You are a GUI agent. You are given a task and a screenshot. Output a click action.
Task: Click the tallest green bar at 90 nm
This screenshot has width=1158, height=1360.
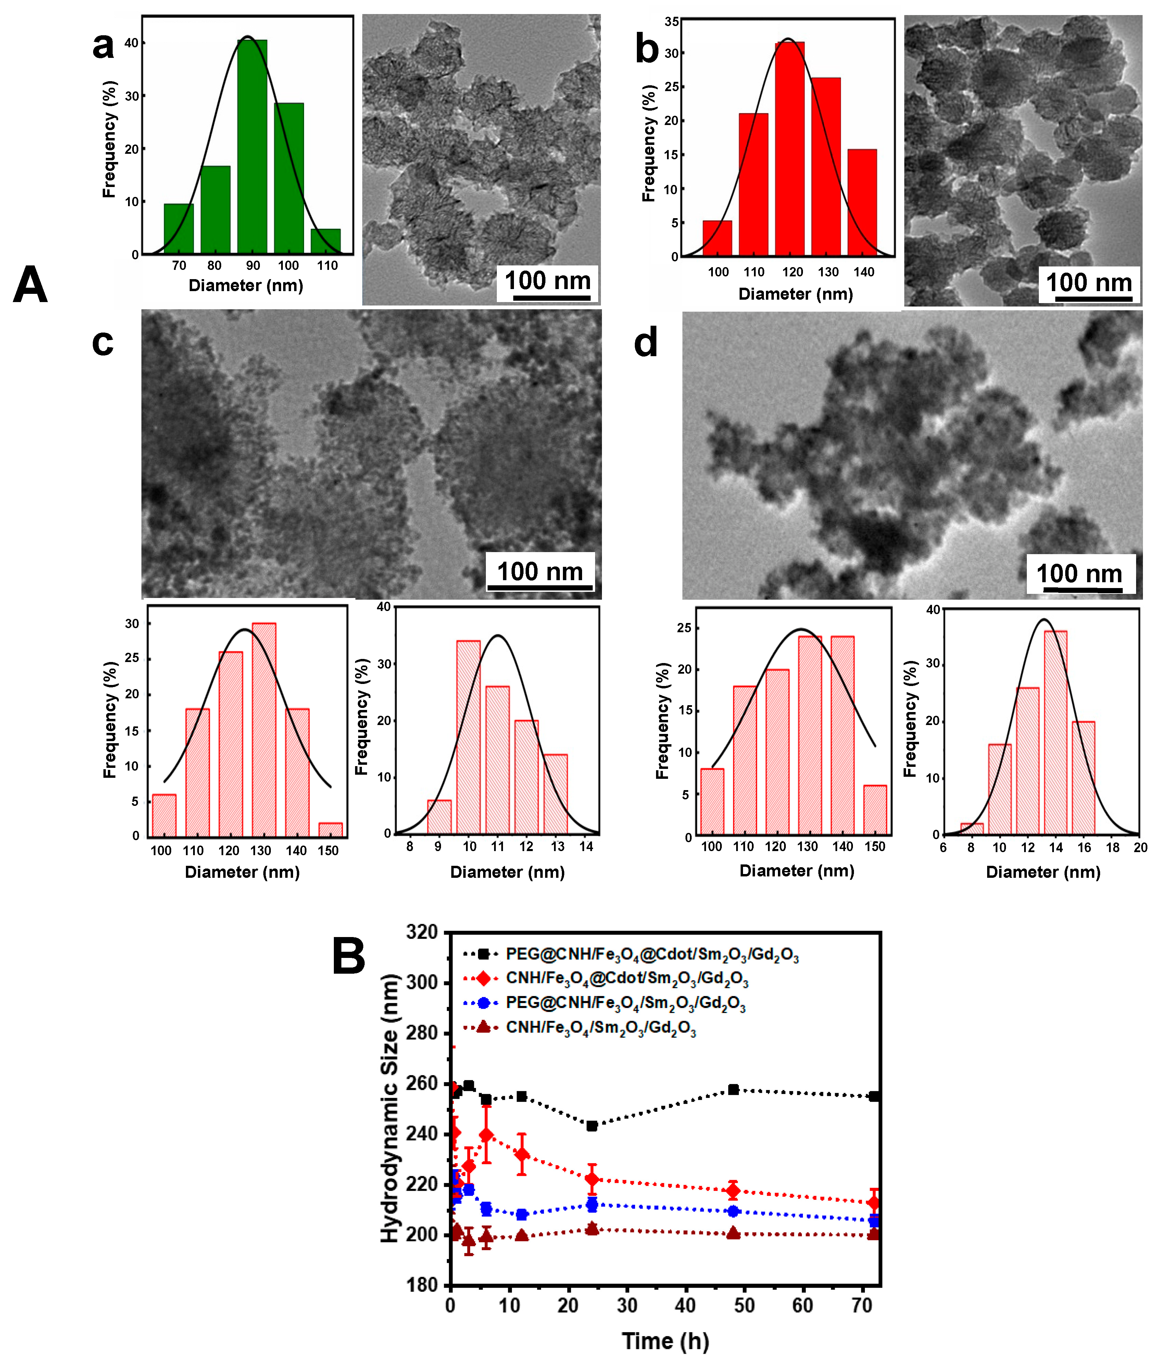tap(252, 148)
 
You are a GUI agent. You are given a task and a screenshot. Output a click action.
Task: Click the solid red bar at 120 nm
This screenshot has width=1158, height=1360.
tap(789, 148)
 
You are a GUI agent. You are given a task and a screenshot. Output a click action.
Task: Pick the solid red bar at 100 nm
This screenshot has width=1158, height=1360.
tap(717, 238)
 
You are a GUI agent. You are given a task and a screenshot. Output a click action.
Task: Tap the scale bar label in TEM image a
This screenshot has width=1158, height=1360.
tap(547, 281)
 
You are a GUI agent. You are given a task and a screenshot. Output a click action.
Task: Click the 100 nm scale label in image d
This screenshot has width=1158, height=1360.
tap(1079, 574)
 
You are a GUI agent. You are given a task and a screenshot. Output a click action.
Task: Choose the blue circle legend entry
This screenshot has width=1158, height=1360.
tap(625, 1003)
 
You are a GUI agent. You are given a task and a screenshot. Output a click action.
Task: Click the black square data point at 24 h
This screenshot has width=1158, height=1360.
tap(592, 1126)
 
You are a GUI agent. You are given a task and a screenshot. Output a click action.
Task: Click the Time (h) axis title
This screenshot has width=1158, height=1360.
tap(665, 1340)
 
